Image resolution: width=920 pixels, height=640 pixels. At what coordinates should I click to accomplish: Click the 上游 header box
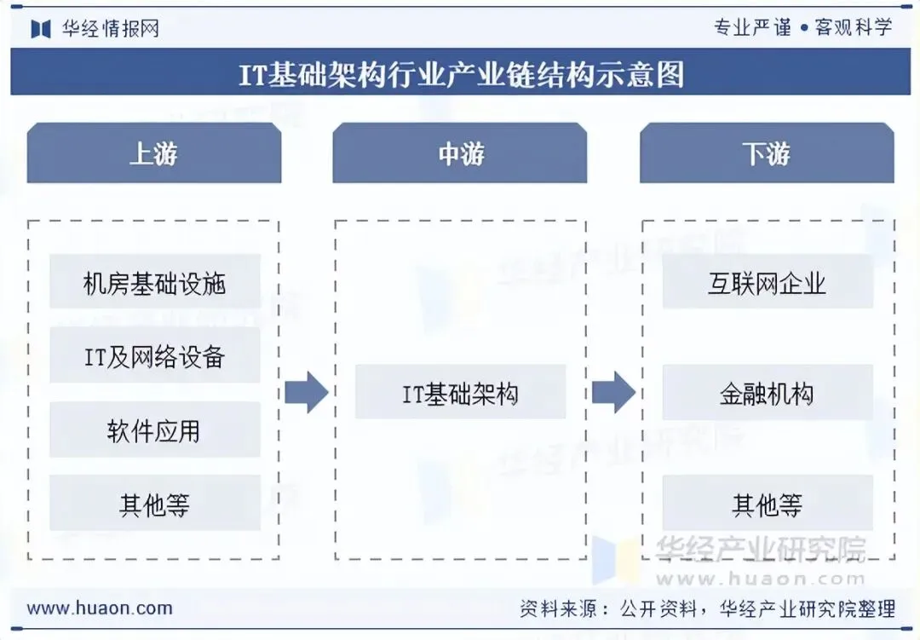153,153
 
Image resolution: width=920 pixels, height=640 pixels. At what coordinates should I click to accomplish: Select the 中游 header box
460,153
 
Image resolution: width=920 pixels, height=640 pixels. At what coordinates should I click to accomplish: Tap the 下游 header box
767,153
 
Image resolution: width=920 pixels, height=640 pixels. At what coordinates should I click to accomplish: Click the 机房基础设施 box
154,282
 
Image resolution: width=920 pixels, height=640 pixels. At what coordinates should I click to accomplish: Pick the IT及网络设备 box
154,355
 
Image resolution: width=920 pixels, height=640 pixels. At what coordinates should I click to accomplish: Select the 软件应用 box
154,430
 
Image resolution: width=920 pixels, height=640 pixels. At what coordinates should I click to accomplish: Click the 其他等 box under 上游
154,504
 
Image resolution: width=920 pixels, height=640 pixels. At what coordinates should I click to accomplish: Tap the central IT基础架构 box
460,393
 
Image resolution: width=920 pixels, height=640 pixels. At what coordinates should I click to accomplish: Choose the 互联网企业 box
768,282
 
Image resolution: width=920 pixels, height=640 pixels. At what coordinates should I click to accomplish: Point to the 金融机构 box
768,393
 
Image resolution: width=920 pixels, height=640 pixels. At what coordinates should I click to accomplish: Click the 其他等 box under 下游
768,504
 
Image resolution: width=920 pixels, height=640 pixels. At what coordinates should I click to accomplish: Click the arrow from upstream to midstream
306,393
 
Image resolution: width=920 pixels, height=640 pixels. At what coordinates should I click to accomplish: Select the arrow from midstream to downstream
613,393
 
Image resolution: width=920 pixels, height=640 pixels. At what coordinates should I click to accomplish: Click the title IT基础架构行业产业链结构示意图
460,75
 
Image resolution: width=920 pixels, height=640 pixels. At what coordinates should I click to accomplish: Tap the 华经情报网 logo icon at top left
41,29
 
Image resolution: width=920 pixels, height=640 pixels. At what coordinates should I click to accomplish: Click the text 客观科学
854,27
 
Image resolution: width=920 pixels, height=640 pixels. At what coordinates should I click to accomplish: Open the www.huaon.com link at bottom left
100,608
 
